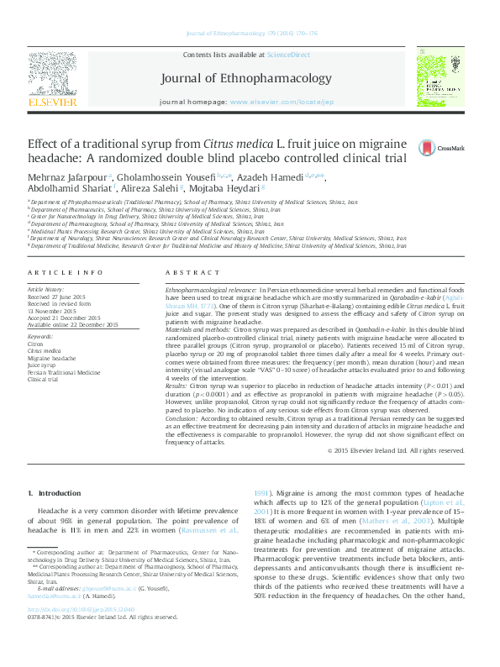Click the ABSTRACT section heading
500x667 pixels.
click(192, 273)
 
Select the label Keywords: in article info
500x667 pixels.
click(40, 337)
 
